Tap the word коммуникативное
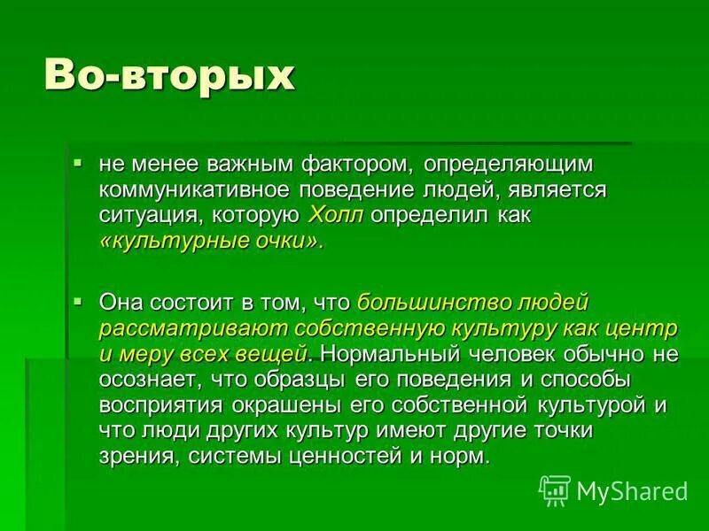pyautogui.click(x=205, y=190)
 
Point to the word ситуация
pyautogui.click(x=150, y=215)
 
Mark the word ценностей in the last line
pyautogui.click(x=344, y=457)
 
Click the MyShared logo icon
pyautogui.click(x=555, y=490)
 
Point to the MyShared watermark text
pyautogui.click(x=631, y=491)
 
